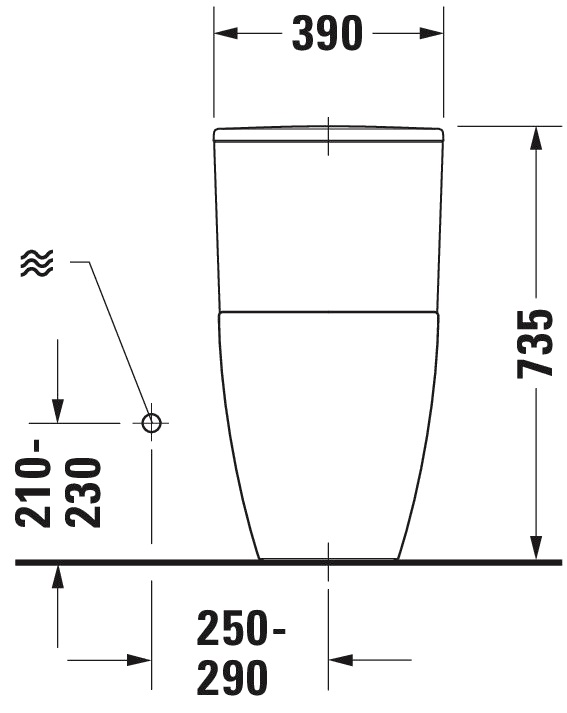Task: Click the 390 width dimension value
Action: [x=328, y=34]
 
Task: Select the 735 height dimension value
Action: [x=535, y=343]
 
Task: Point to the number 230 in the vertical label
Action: [x=84, y=491]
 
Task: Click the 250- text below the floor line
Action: [x=241, y=630]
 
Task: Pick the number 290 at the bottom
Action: [x=232, y=677]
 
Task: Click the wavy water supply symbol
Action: [x=36, y=264]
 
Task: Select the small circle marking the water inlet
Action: [x=151, y=422]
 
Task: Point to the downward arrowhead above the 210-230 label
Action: [x=58, y=409]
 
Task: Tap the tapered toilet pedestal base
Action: [x=328, y=430]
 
